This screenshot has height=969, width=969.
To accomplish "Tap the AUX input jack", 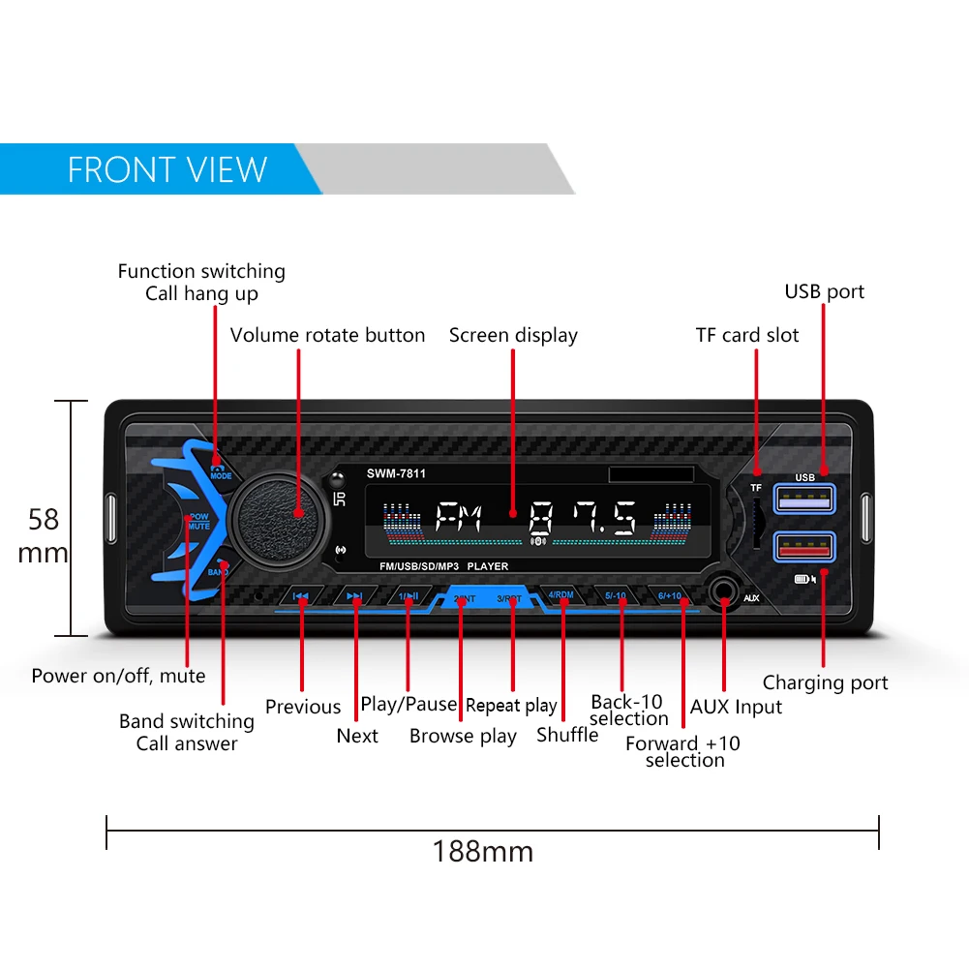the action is click(723, 590).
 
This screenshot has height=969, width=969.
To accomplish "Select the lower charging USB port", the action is click(803, 548).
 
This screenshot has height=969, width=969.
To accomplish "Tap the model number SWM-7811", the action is click(396, 473).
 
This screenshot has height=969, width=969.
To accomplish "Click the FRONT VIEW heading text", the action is click(167, 170).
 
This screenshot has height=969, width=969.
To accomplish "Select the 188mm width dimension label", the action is click(482, 852).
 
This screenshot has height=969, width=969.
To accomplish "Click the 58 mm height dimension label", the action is click(44, 536).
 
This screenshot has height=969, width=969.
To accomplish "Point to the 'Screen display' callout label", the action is click(513, 335).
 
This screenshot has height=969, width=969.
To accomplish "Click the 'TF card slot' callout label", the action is click(747, 335).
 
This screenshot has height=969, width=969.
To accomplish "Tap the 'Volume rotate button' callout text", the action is click(327, 335).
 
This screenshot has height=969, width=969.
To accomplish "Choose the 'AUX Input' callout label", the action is click(736, 707).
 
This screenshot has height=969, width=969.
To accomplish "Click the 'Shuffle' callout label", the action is click(567, 735).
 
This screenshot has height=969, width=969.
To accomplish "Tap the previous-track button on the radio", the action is click(301, 597).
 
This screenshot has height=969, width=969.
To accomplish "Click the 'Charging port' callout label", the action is click(825, 682).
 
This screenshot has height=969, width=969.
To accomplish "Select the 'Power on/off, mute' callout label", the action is click(118, 676).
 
